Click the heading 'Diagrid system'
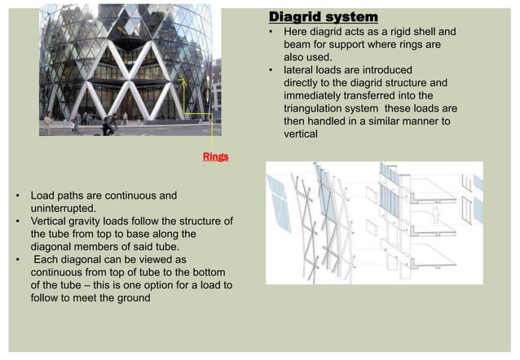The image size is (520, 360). coord(324,17)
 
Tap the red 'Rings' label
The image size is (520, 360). coord(216,156)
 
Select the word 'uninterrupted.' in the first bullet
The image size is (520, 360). coord(63,209)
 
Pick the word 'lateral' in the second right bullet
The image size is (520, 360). coord(300,70)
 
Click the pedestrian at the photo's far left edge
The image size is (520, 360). coord(47,122)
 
